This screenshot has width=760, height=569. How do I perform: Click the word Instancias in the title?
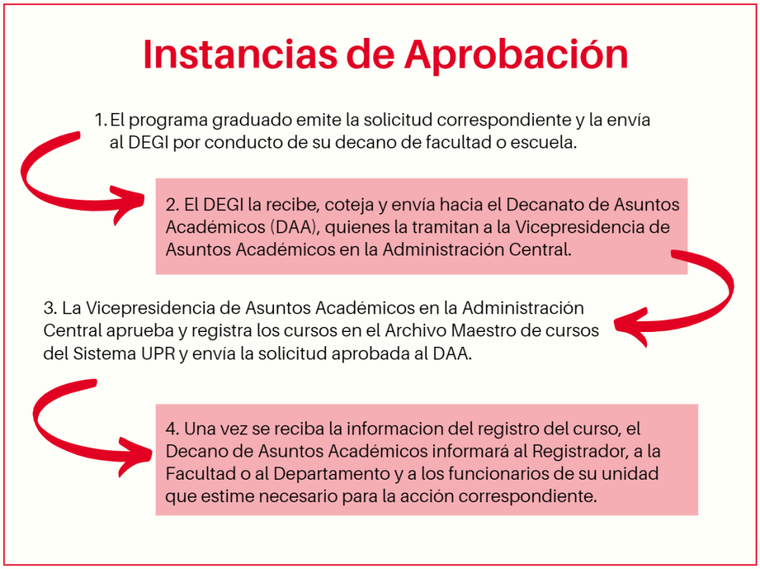click(240, 53)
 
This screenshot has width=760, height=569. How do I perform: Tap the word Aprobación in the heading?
click(517, 55)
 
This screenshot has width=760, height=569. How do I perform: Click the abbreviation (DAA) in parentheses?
click(292, 227)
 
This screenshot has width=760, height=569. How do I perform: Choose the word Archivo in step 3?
click(416, 331)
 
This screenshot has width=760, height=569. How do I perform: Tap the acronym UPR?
click(158, 354)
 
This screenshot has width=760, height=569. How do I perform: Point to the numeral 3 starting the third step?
click(48, 308)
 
